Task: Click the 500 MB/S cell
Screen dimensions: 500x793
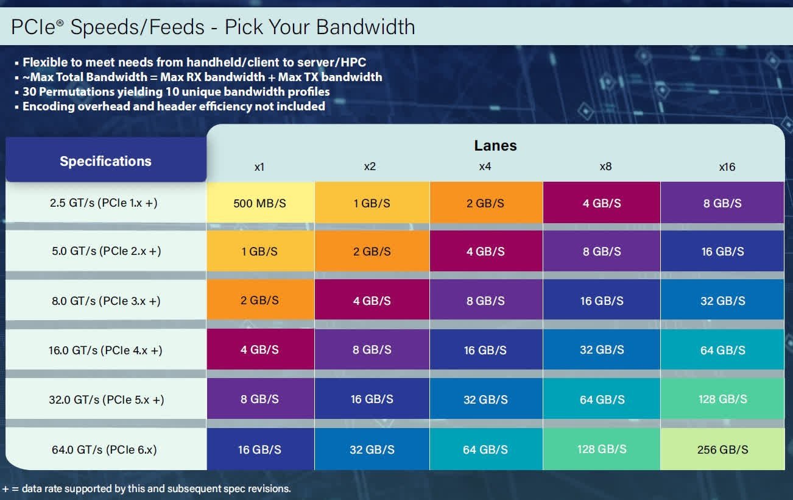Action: tap(260, 203)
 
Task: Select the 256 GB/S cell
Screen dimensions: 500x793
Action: tap(722, 449)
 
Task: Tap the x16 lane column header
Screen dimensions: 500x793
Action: tap(727, 166)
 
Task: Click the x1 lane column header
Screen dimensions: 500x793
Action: tap(259, 166)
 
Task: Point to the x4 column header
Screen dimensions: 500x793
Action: tap(485, 166)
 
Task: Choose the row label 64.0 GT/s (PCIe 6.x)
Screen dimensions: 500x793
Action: tap(104, 450)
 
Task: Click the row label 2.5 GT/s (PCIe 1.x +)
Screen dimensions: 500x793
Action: tap(104, 203)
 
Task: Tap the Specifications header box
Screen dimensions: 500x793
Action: tap(105, 162)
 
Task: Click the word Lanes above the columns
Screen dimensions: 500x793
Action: tap(495, 146)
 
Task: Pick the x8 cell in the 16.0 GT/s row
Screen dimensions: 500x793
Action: tap(602, 350)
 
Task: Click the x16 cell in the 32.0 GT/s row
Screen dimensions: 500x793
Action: tap(722, 399)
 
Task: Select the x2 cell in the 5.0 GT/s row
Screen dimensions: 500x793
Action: tap(372, 251)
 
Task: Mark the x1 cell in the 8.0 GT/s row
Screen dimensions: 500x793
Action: tap(260, 301)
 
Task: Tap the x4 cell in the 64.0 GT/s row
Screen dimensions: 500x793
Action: tap(485, 449)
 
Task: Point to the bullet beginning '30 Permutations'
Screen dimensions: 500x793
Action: tap(176, 92)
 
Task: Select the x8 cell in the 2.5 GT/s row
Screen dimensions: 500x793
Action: tap(602, 203)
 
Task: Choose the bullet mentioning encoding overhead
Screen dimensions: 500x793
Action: tap(174, 107)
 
